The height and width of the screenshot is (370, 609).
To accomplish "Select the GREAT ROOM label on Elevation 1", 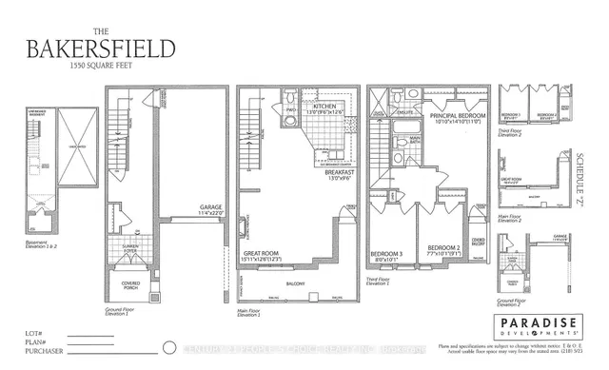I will point(260,253).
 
